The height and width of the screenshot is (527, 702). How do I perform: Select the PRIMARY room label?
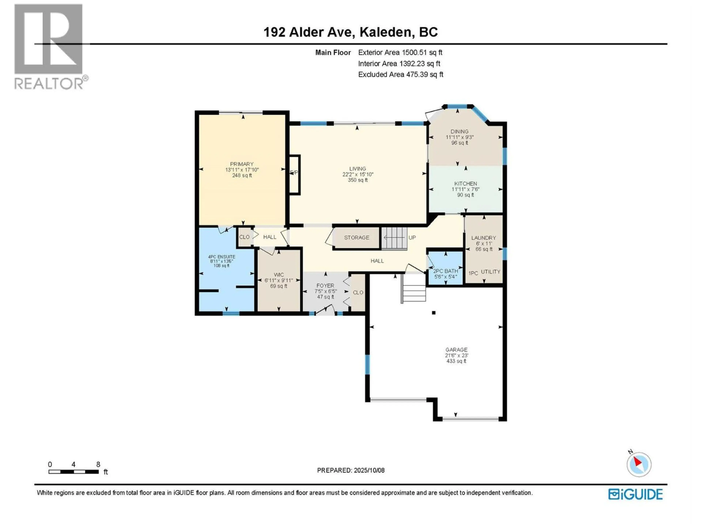pyautogui.click(x=242, y=164)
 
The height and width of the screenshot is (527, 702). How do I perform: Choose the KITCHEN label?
pyautogui.click(x=466, y=184)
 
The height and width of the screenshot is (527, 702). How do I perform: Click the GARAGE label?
pyautogui.click(x=456, y=350)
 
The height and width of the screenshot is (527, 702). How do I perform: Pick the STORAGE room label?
pyautogui.click(x=356, y=238)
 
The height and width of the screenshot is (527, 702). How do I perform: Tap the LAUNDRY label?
pyautogui.click(x=483, y=238)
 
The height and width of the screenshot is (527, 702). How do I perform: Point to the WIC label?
pyautogui.click(x=279, y=275)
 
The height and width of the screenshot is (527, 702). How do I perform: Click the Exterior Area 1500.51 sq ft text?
pyautogui.click(x=400, y=52)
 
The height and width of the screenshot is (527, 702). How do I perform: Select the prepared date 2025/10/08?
pyautogui.click(x=351, y=470)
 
